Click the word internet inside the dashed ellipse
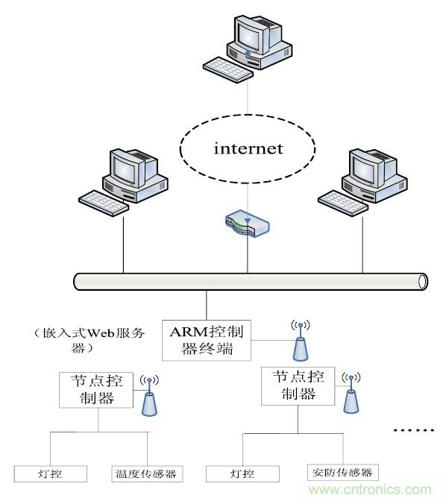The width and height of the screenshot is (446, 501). coord(248,148)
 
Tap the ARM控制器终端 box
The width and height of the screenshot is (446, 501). coord(205,339)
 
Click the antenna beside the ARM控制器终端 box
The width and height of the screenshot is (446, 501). coord(300,341)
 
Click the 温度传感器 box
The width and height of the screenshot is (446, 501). coord(148,473)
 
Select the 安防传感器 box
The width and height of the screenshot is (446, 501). coord(342,472)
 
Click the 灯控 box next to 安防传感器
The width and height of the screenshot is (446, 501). coord(243,473)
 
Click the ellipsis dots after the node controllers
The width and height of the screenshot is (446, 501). coord(412,431)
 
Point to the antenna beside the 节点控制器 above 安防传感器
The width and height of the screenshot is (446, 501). coord(349,392)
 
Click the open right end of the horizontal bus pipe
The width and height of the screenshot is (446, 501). coord(423,281)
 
